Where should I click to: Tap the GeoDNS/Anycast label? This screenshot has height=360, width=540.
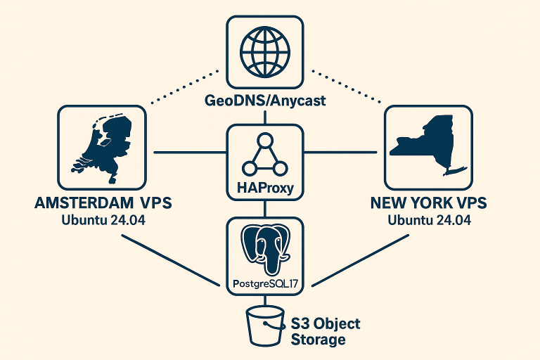pos(265,101)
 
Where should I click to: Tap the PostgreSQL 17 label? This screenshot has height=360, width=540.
pos(265,284)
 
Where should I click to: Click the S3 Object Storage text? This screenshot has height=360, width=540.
pos(324,331)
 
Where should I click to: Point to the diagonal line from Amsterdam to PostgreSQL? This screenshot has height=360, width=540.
pos(169,259)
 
